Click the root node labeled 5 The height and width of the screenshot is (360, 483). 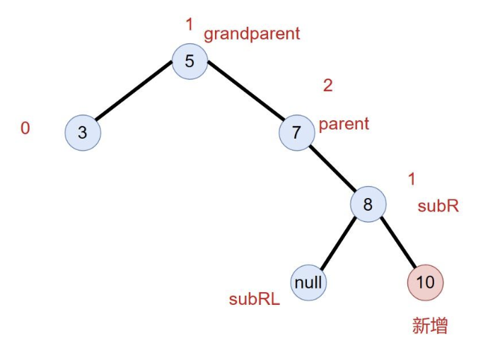(x=190, y=61)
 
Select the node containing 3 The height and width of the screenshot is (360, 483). (x=83, y=132)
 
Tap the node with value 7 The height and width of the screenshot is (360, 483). (x=296, y=132)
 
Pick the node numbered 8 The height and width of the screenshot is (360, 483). (x=368, y=205)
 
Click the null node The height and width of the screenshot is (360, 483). (x=308, y=282)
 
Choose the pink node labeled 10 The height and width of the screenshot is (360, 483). (x=425, y=282)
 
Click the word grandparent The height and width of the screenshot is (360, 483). (x=252, y=33)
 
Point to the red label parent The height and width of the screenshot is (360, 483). (x=344, y=124)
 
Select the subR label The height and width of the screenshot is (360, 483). (x=438, y=206)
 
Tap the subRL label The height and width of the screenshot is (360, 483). (x=254, y=299)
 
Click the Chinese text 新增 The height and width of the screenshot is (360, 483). (x=430, y=326)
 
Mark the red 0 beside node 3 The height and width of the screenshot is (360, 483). (x=25, y=129)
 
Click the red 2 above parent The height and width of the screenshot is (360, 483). (x=327, y=86)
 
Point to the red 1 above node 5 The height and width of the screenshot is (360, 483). (x=189, y=25)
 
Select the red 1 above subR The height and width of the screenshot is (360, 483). (x=412, y=179)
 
